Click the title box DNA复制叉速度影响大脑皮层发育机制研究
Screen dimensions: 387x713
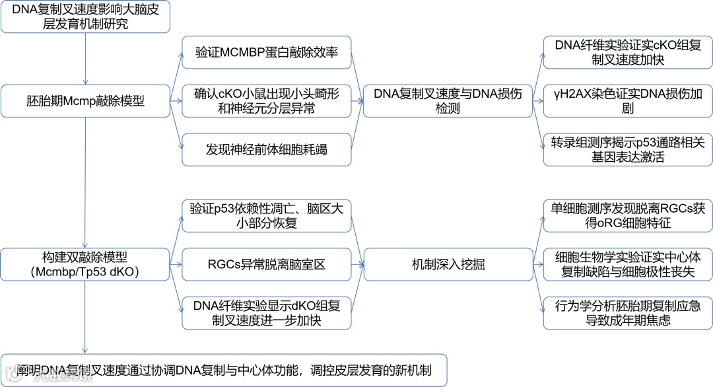[x=85, y=17]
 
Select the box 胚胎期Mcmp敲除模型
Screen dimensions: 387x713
[x=85, y=101]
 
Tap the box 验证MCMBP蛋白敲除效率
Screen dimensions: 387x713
[x=266, y=52]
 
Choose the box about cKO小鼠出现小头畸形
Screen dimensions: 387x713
[x=266, y=101]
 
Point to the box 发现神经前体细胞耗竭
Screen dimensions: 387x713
[x=266, y=150]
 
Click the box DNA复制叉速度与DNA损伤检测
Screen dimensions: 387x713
[x=448, y=101]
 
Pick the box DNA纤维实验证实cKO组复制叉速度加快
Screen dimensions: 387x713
[x=628, y=52]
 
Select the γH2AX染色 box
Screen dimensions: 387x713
[x=628, y=101]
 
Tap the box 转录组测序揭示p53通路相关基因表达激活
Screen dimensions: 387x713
[x=628, y=150]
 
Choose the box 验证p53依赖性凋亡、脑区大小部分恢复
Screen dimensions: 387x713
[x=266, y=216]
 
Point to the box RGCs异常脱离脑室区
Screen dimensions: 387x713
[x=266, y=265]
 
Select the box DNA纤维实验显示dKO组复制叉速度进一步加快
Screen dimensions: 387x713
[x=266, y=314]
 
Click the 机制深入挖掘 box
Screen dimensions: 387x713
[x=448, y=265]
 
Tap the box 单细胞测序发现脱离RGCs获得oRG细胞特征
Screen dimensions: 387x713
[x=628, y=216]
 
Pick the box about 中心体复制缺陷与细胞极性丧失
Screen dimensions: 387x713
[x=628, y=265]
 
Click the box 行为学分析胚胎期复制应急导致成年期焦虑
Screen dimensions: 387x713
[x=628, y=314]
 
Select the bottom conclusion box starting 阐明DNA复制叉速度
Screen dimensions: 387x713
[x=224, y=370]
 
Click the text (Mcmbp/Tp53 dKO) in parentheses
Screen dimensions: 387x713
[x=85, y=271]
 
